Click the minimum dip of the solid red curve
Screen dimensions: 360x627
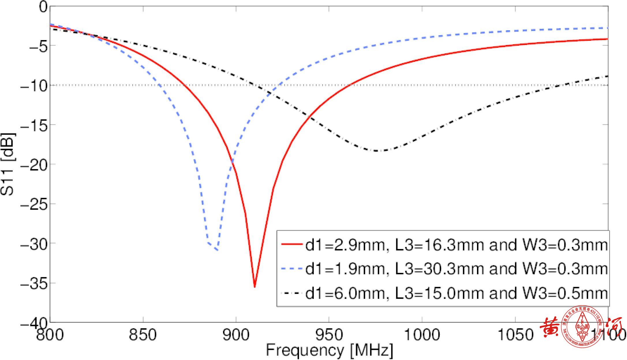[254, 287]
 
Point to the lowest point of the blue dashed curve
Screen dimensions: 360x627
[217, 250]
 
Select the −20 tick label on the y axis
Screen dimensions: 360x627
[33, 164]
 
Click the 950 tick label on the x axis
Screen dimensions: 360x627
[329, 335]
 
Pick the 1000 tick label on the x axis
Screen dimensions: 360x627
[422, 335]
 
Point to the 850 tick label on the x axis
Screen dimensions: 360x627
[143, 335]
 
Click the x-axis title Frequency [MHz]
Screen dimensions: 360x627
[329, 351]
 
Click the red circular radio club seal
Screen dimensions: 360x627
[583, 327]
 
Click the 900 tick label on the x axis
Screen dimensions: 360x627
[236, 335]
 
